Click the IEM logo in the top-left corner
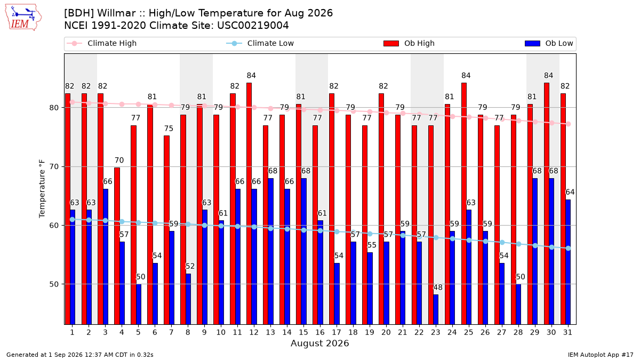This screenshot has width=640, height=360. click(23, 18)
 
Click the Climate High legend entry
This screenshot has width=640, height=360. click(101, 43)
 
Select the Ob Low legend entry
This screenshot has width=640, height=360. click(549, 43)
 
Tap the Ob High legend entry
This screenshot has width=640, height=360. click(409, 43)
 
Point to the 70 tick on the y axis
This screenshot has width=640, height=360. click(54, 166)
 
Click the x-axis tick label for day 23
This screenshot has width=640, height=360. click(435, 332)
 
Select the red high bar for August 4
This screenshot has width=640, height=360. click(117, 246)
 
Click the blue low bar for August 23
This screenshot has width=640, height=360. click(436, 309)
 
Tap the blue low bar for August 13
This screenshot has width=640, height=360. click(270, 251)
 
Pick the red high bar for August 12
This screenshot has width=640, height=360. click(249, 204)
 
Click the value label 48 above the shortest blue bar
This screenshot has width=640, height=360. click(438, 287)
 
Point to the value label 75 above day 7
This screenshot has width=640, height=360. click(169, 129)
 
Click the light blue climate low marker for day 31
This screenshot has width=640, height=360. click(569, 249)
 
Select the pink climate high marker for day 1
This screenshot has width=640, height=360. click(73, 102)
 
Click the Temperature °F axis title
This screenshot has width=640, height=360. click(42, 189)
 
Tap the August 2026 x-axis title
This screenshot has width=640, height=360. click(319, 343)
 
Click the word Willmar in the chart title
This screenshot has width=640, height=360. click(116, 13)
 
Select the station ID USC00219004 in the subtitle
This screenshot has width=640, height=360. click(253, 26)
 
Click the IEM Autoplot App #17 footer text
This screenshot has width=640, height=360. click(601, 355)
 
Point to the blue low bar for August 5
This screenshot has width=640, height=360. click(139, 305)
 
